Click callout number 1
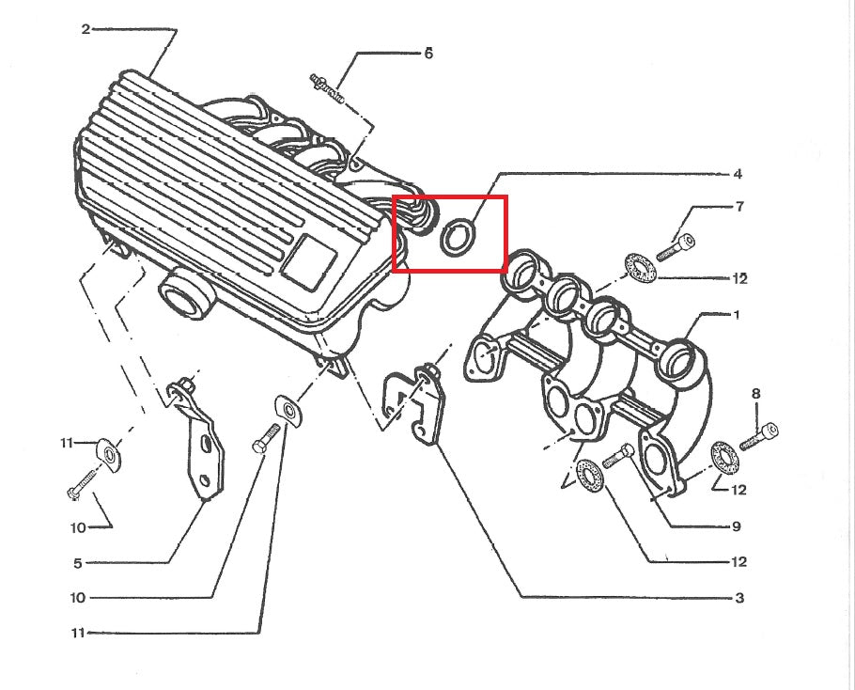coord(737,315)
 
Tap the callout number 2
coord(85,29)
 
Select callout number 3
coord(739,598)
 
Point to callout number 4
coord(738,174)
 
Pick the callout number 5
coord(77,563)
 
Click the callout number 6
coord(428,54)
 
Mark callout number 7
coord(739,206)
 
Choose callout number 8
coord(756,394)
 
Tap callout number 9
coord(737,526)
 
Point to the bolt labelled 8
coord(760,434)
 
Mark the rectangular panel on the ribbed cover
coord(310,259)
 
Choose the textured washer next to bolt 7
coord(640,266)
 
